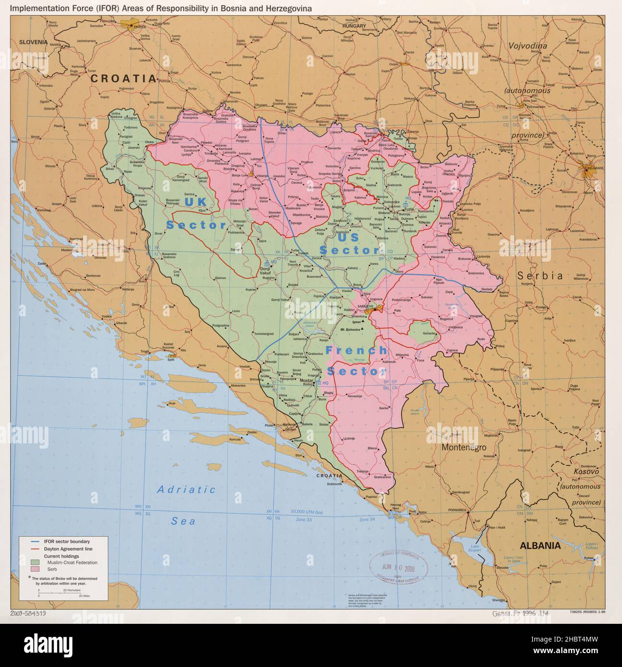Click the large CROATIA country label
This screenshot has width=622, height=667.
coord(123,79)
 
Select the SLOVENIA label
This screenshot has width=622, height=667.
coord(34,42)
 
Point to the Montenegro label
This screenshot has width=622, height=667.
coord(463,447)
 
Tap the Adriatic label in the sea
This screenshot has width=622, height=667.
coord(187,489)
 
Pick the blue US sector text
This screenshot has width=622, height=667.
coord(348,237)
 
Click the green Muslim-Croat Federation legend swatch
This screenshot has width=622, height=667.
coord(35,562)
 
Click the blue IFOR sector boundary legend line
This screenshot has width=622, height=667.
coord(35,542)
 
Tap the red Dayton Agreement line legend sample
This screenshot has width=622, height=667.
coord(35,548)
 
